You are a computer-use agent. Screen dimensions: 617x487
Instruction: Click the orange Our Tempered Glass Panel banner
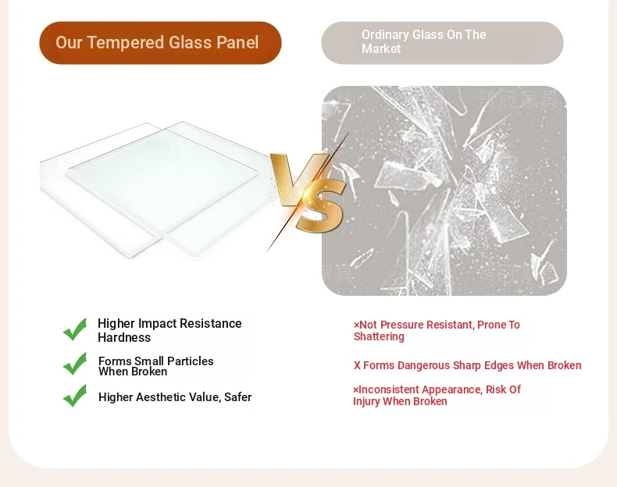(160, 43)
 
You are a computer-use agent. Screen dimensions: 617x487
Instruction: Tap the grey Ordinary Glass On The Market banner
(442, 43)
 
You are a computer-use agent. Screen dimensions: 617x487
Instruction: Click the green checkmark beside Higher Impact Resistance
(75, 329)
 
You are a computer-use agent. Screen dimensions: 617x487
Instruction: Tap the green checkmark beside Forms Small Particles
(75, 364)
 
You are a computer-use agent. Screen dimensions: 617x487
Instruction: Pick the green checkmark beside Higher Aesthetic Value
(75, 396)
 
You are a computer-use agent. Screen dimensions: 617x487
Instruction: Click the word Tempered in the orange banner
(124, 43)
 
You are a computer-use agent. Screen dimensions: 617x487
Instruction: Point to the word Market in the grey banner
(381, 48)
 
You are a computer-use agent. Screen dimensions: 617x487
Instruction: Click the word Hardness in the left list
(124, 338)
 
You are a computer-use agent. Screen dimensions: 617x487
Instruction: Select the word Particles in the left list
(190, 361)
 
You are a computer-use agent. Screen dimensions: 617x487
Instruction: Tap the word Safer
(237, 397)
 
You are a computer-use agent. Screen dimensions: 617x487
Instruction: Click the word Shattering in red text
(379, 337)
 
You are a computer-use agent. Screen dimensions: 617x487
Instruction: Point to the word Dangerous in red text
(424, 365)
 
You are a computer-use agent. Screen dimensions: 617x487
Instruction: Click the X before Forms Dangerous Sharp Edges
(357, 365)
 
